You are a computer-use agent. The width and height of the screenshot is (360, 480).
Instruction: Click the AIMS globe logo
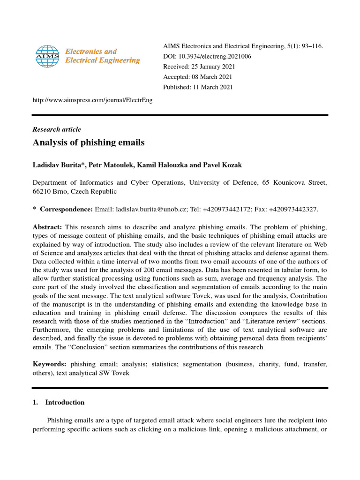[x=47, y=55]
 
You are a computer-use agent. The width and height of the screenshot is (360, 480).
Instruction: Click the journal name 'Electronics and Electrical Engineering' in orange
[x=102, y=56]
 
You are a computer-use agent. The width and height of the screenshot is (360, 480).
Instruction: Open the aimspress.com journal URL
[x=92, y=100]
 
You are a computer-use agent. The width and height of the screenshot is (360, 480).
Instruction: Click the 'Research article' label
[x=56, y=129]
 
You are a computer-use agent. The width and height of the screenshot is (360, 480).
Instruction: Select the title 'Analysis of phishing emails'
[x=89, y=142]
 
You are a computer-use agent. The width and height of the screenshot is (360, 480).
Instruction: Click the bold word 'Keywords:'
[x=49, y=364]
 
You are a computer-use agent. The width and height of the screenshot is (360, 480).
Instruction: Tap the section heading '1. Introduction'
[x=59, y=402]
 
